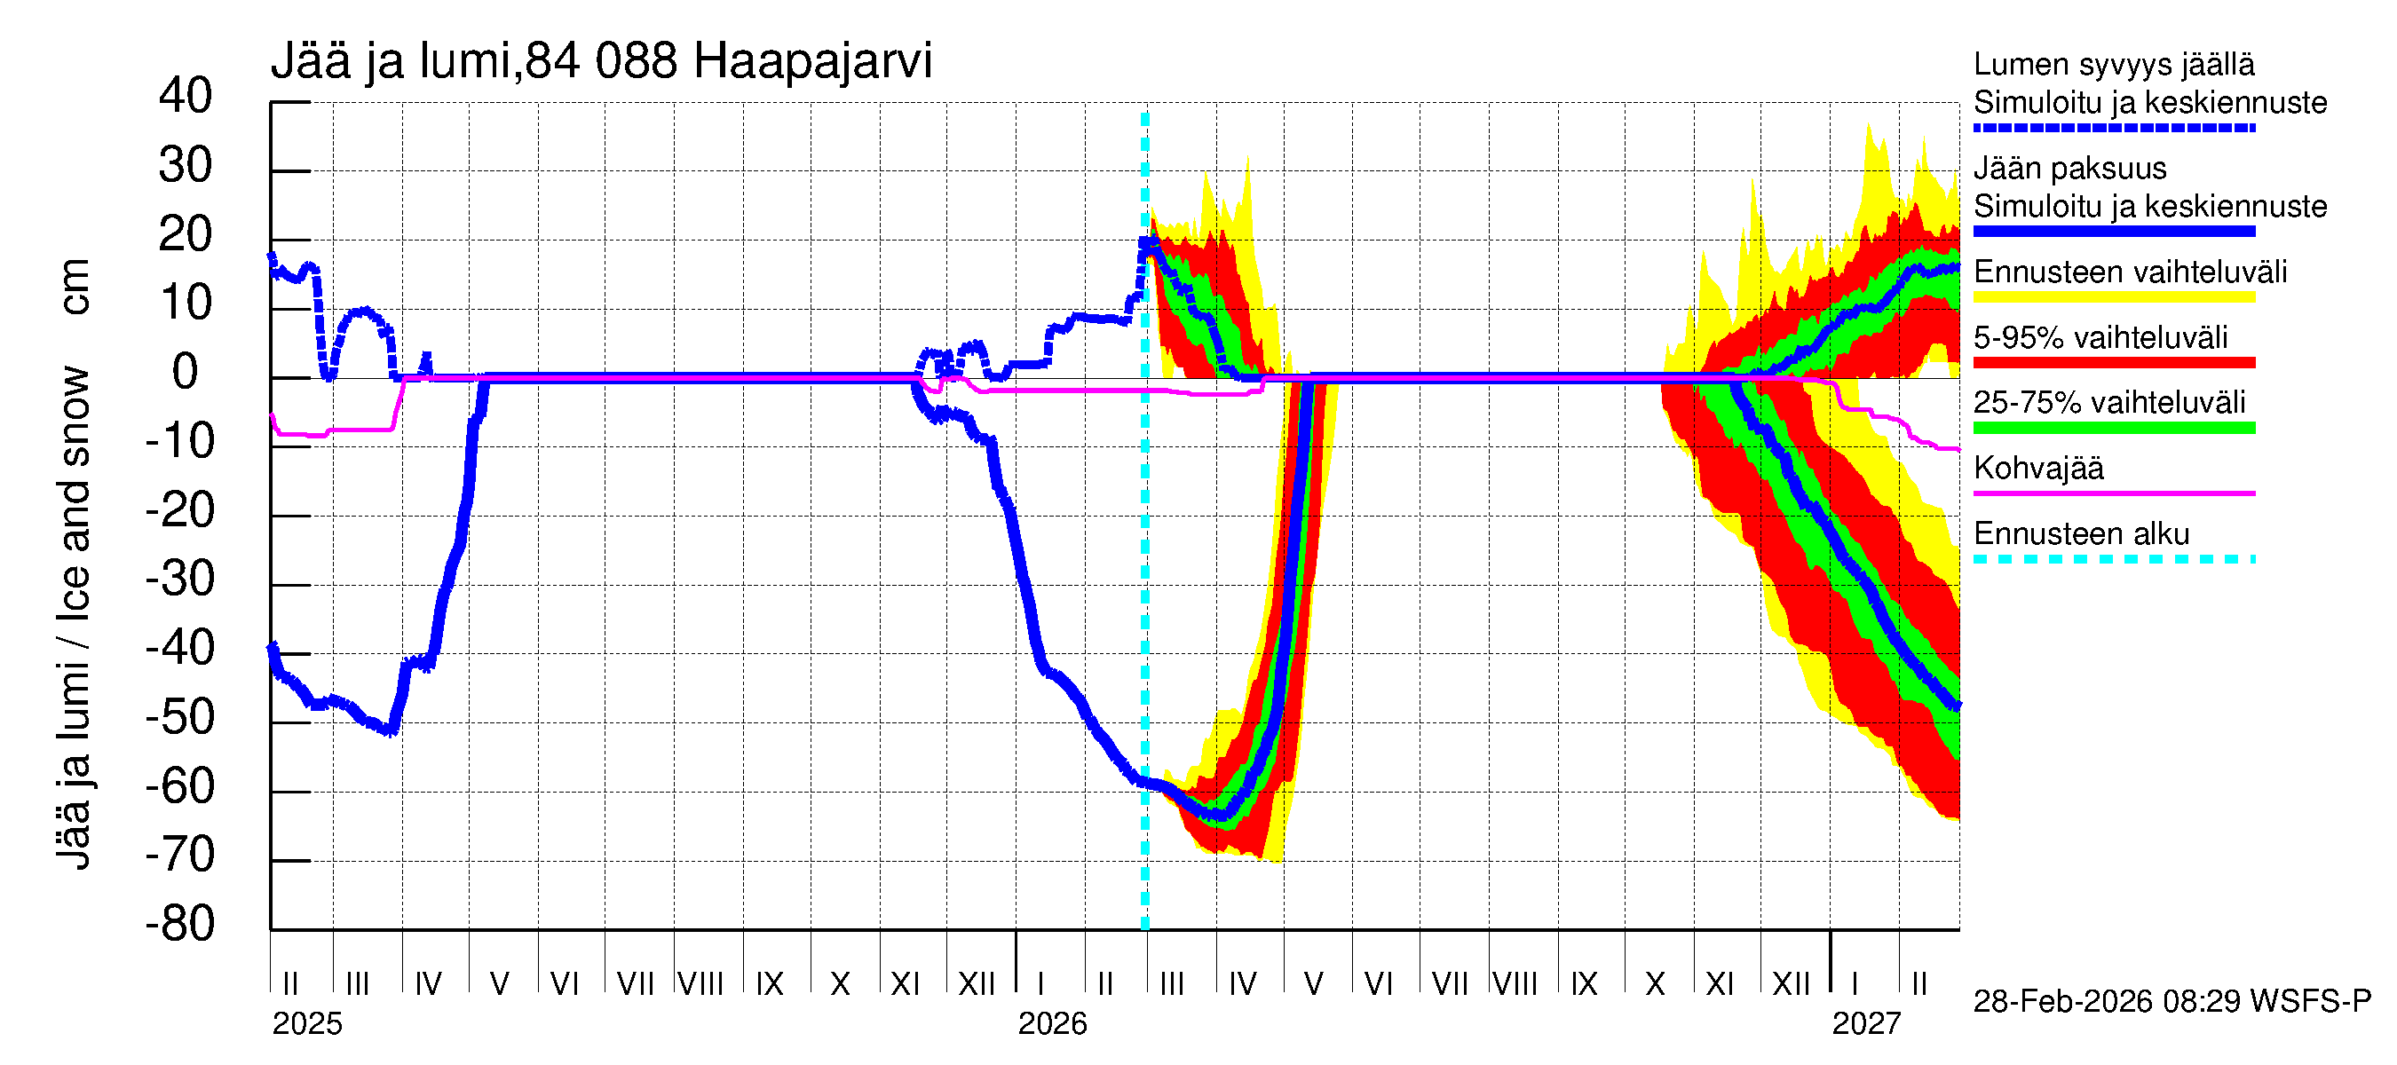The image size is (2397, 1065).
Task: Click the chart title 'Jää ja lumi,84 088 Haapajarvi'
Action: click(x=601, y=61)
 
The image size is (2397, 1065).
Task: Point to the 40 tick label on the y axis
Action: click(x=186, y=96)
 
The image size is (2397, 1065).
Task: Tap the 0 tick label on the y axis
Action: click(x=186, y=372)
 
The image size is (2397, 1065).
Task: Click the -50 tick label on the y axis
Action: click(x=179, y=717)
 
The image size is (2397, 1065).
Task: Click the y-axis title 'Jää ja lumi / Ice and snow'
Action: click(x=74, y=618)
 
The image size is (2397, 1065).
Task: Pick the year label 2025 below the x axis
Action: click(x=307, y=1024)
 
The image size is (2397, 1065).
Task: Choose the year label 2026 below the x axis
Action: click(x=1052, y=1024)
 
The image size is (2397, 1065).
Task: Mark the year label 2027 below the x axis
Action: click(x=1866, y=1024)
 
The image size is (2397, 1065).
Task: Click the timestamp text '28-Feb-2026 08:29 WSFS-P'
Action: click(x=2172, y=1002)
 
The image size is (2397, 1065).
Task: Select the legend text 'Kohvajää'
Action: click(x=2037, y=468)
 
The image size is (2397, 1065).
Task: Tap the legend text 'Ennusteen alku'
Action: click(x=2082, y=534)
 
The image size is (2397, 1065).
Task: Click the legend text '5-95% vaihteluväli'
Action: click(x=2100, y=337)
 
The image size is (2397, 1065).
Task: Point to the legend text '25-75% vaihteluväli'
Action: click(x=2109, y=403)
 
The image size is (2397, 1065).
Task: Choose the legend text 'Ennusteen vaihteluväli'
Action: click(x=2130, y=272)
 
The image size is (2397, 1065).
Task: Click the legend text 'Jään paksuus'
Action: click(x=2069, y=169)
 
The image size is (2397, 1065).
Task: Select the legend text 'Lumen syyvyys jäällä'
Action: click(x=2113, y=64)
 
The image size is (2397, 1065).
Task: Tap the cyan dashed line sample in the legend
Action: click(x=2113, y=560)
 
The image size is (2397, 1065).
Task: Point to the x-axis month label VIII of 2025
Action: click(x=700, y=984)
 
